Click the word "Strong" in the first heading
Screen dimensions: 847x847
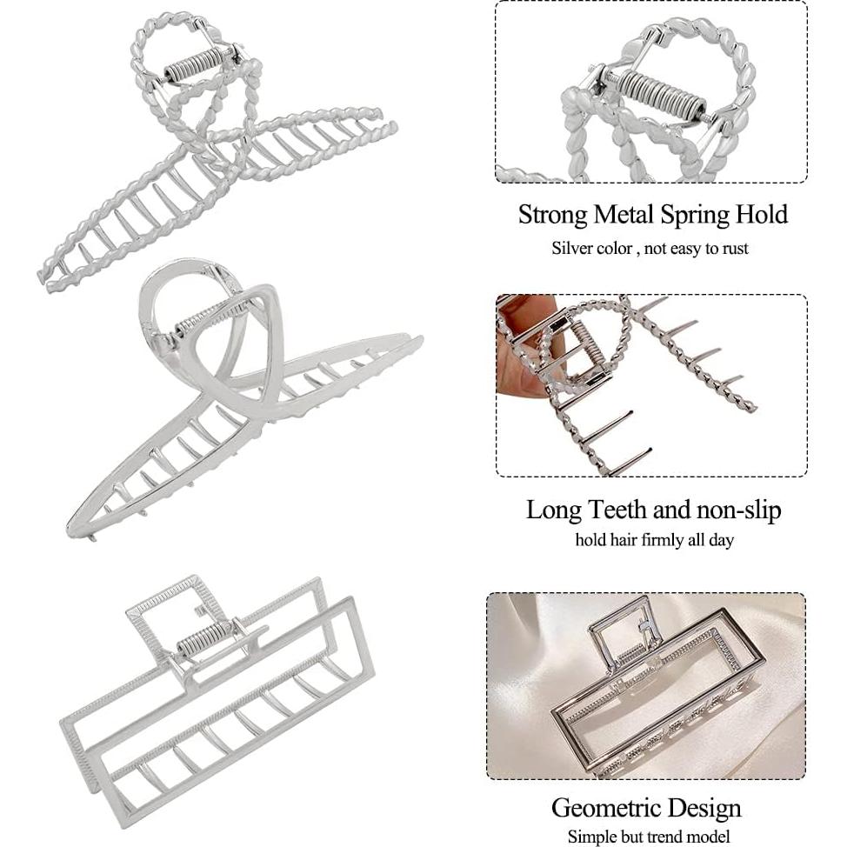(x=552, y=215)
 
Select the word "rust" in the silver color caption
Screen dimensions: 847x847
(x=735, y=249)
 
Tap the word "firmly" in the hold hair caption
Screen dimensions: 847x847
(x=663, y=540)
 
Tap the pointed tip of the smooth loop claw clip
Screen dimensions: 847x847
(x=70, y=530)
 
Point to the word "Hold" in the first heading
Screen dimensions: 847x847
(x=762, y=215)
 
